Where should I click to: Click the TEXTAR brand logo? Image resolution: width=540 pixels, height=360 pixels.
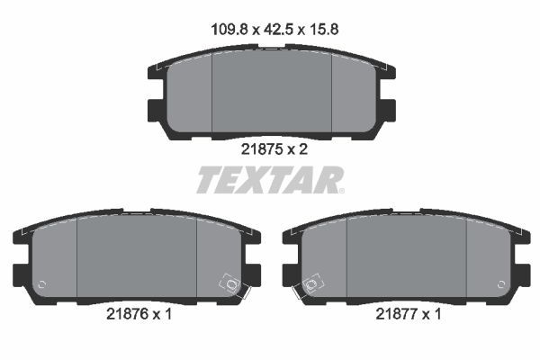(x=270, y=180)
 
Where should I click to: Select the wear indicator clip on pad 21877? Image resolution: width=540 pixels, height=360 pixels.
(x=310, y=286)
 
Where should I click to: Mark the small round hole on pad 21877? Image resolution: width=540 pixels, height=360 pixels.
(x=502, y=284)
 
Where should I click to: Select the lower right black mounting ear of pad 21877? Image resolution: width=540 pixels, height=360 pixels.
(x=520, y=272)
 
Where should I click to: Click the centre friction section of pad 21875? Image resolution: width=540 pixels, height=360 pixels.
(x=271, y=94)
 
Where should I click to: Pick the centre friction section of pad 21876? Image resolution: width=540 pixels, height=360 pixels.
(x=136, y=258)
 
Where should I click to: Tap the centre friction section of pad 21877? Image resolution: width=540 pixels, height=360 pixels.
(x=406, y=258)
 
